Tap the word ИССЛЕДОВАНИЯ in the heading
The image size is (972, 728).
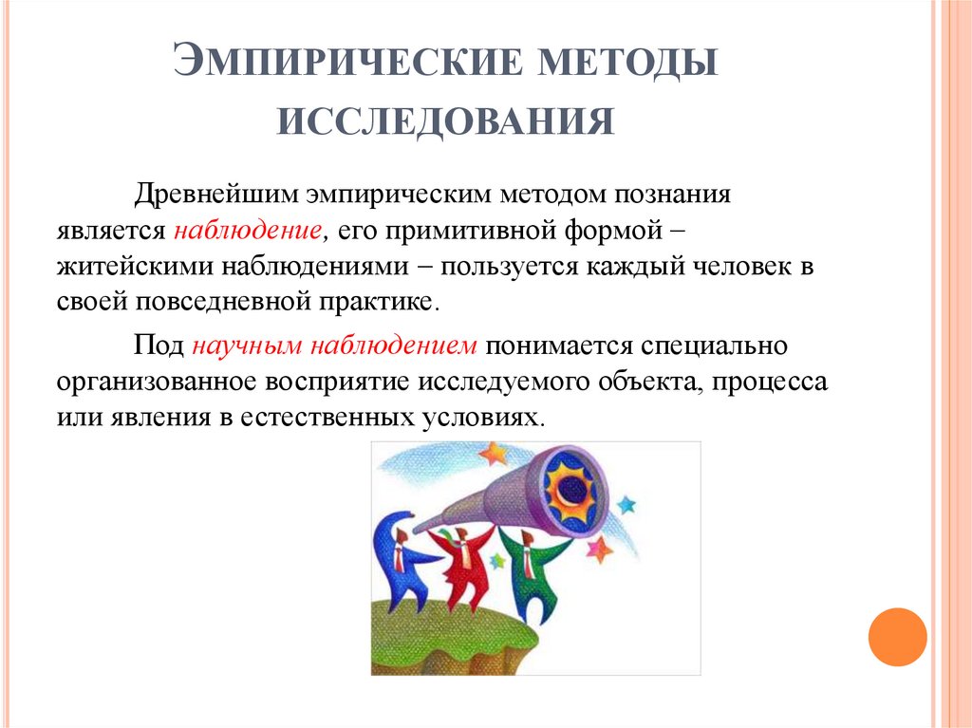pyautogui.click(x=445, y=122)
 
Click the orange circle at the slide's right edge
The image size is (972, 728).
pyautogui.click(x=897, y=636)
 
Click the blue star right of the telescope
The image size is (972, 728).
pyautogui.click(x=626, y=503)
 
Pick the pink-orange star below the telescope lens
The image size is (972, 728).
pyautogui.click(x=599, y=548)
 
